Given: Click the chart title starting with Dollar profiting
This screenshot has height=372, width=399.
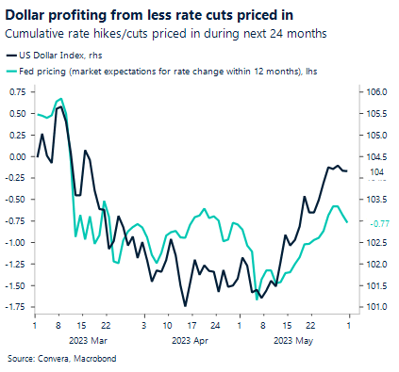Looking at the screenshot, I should [136, 13].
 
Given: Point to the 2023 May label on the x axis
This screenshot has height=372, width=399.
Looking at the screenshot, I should [291, 342].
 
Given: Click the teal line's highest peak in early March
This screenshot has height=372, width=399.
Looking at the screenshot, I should [61, 98].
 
